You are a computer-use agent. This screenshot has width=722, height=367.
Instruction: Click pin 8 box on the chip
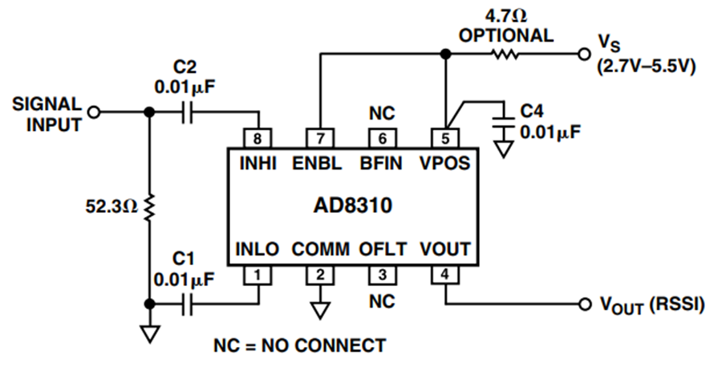tap(258, 138)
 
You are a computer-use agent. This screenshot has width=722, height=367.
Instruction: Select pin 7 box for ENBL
tap(320, 138)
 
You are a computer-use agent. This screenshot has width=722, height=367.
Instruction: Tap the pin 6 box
tap(382, 138)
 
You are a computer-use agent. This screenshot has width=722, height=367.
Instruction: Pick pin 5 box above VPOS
tap(444, 138)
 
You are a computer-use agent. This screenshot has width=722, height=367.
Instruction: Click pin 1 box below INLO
tap(258, 275)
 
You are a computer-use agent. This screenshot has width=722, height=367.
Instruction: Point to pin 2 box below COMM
tap(320, 275)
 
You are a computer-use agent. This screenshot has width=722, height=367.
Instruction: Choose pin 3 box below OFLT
tap(382, 275)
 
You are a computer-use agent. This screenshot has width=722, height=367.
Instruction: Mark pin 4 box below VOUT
tap(444, 275)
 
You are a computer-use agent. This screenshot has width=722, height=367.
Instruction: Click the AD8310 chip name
tap(353, 205)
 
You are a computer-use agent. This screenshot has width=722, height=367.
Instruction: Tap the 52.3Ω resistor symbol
tap(148, 207)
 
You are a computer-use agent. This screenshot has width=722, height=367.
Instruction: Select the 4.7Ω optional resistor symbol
tap(505, 55)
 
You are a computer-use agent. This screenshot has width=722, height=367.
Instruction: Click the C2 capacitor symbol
tap(186, 112)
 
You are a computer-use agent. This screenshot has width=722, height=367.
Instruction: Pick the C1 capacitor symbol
tap(186, 304)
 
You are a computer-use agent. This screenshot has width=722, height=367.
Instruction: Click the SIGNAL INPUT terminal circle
tap(94, 112)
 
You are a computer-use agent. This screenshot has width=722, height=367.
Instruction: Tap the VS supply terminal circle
tap(584, 55)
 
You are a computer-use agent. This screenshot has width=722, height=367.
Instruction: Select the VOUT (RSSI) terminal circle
tap(585, 304)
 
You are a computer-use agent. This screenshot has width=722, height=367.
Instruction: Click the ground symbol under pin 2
tap(320, 310)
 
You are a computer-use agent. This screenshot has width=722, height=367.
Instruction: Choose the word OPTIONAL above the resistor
tap(506, 35)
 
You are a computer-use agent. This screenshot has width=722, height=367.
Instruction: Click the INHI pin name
tap(258, 164)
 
